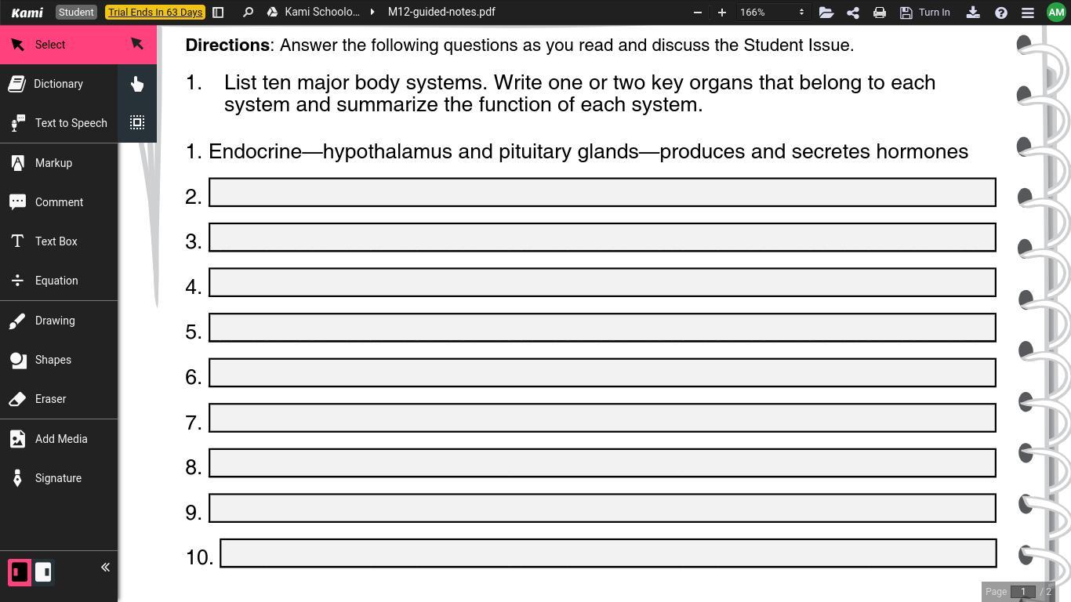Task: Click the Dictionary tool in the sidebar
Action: [58, 84]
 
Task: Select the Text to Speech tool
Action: [71, 123]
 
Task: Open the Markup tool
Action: [53, 163]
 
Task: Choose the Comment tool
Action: [59, 202]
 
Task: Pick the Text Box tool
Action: [56, 241]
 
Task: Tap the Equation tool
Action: [56, 281]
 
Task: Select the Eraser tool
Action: [50, 399]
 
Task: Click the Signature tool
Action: [58, 478]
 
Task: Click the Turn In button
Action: [925, 13]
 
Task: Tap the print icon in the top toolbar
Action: [880, 13]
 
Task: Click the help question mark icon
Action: [1001, 13]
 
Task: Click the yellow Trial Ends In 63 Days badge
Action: [155, 13]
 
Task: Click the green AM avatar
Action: [1056, 13]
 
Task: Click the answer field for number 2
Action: [602, 192]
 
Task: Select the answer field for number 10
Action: [608, 553]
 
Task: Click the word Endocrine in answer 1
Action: [255, 151]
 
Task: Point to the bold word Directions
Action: [227, 45]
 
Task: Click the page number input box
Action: [1022, 592]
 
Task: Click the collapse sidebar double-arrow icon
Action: [105, 568]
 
